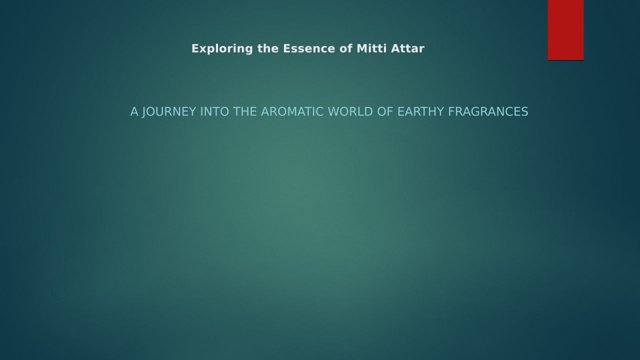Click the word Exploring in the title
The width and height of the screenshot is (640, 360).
click(222, 49)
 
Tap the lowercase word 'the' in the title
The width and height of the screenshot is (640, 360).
click(268, 48)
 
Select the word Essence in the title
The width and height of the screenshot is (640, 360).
click(309, 48)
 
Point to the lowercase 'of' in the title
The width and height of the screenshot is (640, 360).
click(346, 48)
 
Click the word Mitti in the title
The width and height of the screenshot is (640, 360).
click(371, 48)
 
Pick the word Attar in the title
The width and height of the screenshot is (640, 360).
click(407, 48)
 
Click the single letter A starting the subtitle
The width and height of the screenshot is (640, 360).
click(134, 111)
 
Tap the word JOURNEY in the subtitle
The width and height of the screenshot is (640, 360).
click(169, 112)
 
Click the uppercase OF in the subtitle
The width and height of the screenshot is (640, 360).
click(385, 111)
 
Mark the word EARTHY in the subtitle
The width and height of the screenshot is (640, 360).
click(420, 111)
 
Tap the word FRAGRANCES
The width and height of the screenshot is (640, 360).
click(488, 111)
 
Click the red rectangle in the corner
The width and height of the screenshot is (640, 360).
click(565, 30)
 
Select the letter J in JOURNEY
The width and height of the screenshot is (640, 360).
click(144, 112)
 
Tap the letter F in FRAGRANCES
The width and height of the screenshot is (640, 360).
click(451, 111)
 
